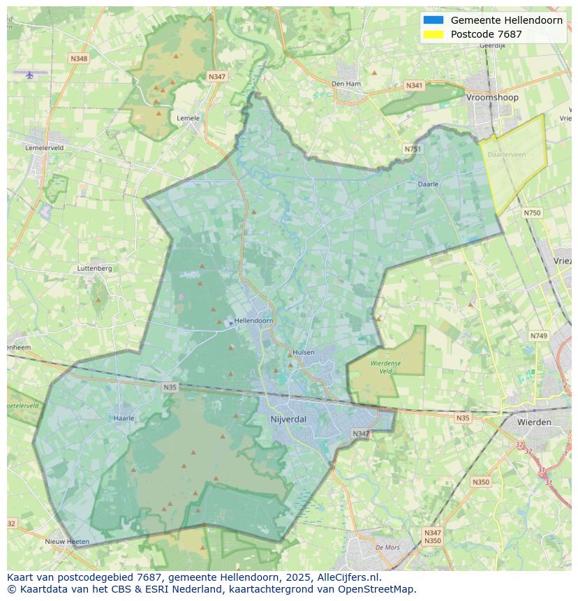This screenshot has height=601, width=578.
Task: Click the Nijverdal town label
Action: point(288,419)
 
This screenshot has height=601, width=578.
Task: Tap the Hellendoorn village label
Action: point(254,320)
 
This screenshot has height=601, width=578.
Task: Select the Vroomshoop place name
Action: point(492,98)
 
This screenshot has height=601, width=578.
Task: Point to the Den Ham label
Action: point(346,84)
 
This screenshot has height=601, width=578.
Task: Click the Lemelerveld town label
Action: point(44,148)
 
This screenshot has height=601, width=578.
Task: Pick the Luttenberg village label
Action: point(94,268)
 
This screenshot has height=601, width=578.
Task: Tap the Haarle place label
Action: point(124,419)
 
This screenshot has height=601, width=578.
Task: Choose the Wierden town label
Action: point(534,422)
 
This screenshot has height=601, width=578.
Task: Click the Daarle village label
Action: point(428,184)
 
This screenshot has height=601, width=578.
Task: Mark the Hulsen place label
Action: point(304,353)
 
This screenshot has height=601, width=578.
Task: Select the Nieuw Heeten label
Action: point(67,542)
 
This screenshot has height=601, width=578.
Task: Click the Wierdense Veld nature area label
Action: point(385,367)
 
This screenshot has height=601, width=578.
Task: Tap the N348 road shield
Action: point(79,59)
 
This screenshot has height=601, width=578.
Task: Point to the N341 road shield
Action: point(414,86)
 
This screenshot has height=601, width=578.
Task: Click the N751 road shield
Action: point(413,149)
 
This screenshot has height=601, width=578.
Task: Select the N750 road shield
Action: point(532,213)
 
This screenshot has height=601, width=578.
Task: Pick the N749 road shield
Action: point(538,336)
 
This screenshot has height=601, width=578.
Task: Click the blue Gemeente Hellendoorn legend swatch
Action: point(433,20)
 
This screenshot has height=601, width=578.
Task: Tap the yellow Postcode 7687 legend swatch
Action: point(433,34)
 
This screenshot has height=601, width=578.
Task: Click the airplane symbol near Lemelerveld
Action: point(29,75)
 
